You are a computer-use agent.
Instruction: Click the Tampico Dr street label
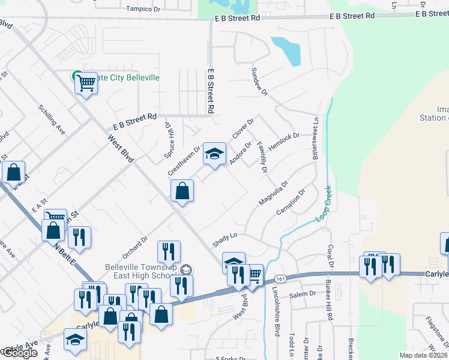click(144, 9)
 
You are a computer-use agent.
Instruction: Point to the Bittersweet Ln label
click(316, 138)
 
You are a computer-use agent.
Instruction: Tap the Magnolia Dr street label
click(273, 193)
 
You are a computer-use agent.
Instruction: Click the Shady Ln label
click(225, 240)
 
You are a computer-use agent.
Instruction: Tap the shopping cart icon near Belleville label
click(86, 83)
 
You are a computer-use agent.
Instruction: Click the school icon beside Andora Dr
click(214, 154)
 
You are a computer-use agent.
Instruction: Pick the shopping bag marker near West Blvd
click(182, 192)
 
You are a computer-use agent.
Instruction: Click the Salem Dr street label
click(303, 294)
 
